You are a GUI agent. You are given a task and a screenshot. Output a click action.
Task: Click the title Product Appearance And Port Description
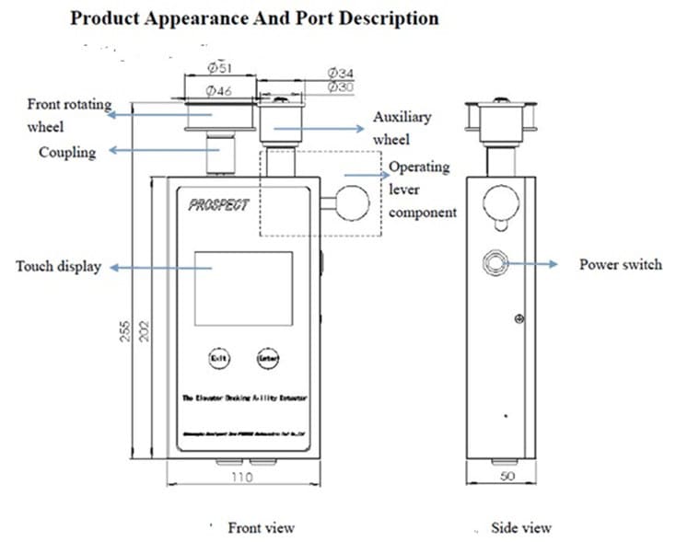(x=254, y=17)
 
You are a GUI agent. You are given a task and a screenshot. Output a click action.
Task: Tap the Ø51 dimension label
(x=219, y=67)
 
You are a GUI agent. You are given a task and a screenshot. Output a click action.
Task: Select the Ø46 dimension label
(x=217, y=90)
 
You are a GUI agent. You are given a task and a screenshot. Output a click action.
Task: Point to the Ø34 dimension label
(x=341, y=73)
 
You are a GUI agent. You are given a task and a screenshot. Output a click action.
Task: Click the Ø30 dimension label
(x=341, y=86)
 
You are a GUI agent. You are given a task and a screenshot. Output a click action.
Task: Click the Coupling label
(x=66, y=152)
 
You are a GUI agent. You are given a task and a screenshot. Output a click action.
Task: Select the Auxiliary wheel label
(x=402, y=128)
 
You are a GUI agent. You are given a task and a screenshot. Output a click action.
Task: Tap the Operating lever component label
(x=422, y=190)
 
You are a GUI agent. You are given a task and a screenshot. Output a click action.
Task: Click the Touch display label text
(x=58, y=267)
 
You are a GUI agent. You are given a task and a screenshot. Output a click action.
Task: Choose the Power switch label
(x=620, y=264)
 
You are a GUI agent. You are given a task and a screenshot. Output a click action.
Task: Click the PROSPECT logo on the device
(x=218, y=205)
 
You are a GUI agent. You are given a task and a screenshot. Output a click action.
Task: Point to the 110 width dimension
(x=241, y=478)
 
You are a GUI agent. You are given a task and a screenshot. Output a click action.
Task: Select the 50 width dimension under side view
(x=505, y=478)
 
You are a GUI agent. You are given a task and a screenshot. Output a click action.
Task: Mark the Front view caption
(x=262, y=527)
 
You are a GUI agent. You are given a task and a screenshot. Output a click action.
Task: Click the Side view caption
(x=521, y=527)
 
